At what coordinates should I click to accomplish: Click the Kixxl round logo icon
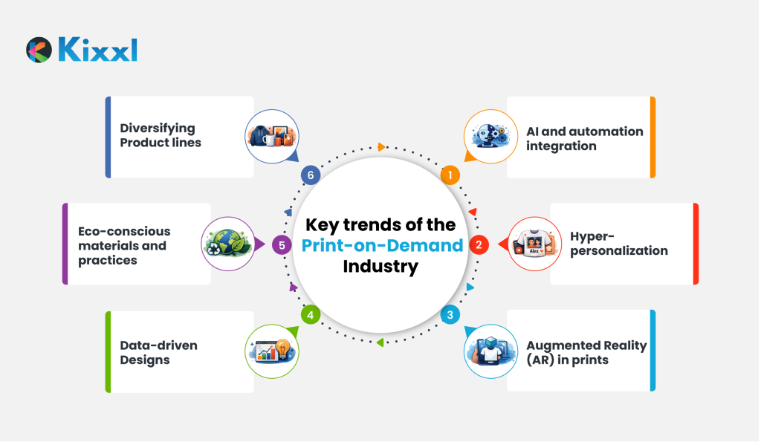point(39,50)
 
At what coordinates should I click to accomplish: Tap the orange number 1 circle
point(450,175)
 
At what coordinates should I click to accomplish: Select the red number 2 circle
point(479,244)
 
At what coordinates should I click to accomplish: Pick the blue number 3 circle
point(450,315)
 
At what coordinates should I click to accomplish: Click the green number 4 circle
point(310,315)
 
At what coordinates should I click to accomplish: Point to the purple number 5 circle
point(282,244)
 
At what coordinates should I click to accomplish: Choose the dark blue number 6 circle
point(310,175)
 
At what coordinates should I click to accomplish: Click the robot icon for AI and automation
point(490,137)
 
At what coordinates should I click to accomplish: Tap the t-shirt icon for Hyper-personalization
point(534,244)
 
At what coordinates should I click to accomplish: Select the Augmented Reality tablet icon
point(490,351)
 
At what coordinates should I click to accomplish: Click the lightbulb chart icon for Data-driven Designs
point(272,351)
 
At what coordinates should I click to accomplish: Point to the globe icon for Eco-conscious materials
point(228,244)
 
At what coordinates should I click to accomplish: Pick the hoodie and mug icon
point(272,137)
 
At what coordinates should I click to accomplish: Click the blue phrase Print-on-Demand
point(382,245)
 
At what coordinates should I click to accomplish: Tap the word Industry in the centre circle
point(380,267)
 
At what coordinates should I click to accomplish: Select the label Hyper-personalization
point(619,244)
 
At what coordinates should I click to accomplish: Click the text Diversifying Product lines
point(161,135)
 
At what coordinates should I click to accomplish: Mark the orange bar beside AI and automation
point(652,137)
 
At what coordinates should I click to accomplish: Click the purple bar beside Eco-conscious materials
point(65,244)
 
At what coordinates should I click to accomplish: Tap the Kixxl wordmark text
point(97,50)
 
